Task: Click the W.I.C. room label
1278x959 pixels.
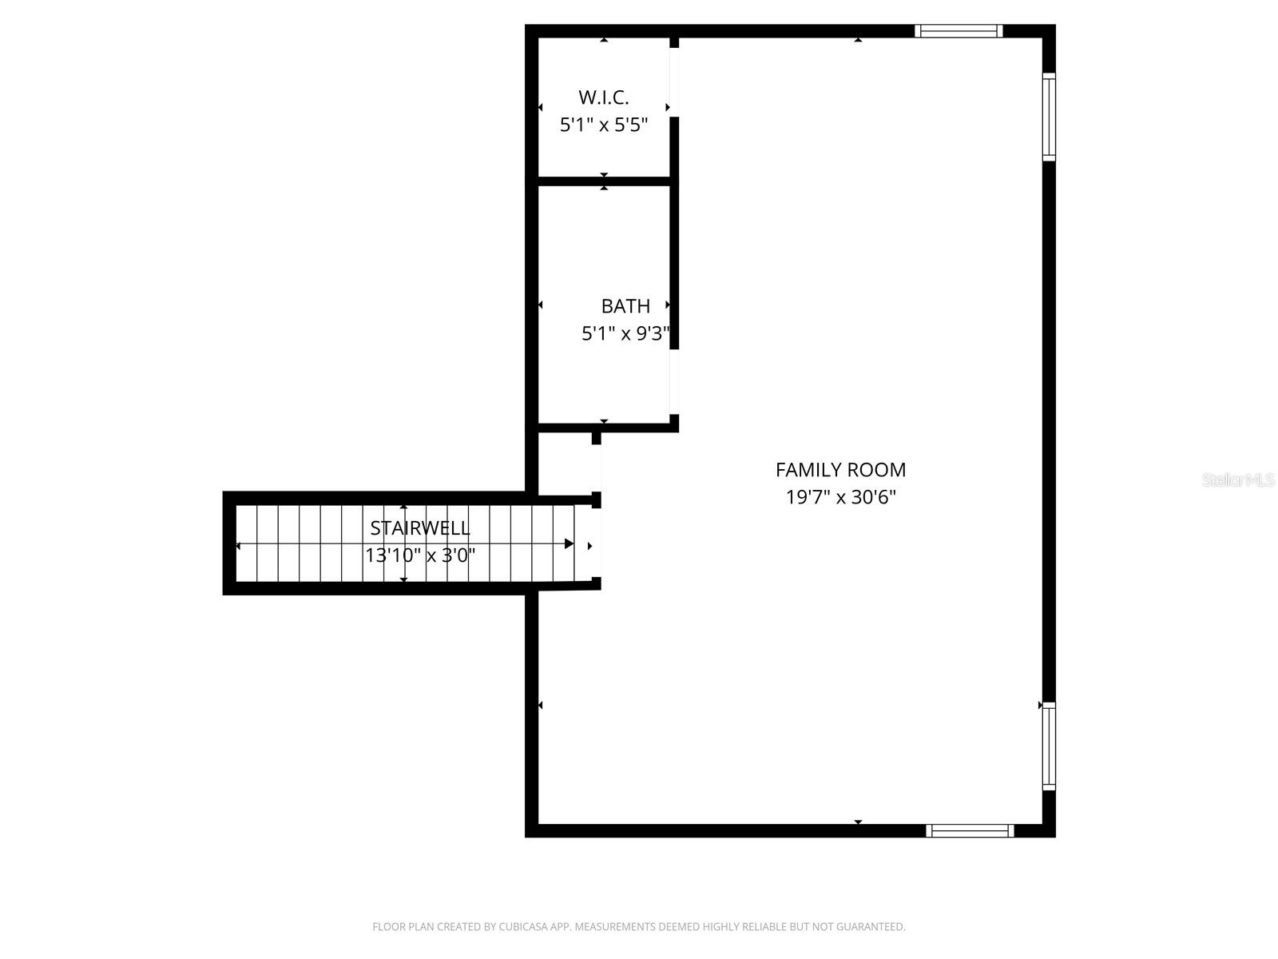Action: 604,97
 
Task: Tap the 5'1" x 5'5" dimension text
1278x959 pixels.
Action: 604,125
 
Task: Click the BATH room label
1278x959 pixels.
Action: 625,306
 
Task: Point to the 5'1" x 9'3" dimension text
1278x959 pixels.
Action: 625,333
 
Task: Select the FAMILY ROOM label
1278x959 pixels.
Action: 840,470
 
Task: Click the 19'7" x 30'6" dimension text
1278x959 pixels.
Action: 840,497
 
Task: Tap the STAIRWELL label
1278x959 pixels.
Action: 420,528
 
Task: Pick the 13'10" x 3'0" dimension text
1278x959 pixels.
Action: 420,555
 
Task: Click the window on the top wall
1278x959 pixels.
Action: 958,31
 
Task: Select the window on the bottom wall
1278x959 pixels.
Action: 970,831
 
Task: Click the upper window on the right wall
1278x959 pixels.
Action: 1049,117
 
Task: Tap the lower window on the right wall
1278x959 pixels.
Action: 1049,746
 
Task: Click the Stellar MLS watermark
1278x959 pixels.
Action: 1238,479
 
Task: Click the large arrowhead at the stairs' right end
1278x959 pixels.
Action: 569,544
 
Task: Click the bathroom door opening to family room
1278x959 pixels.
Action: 674,382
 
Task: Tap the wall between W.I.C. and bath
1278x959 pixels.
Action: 604,181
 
